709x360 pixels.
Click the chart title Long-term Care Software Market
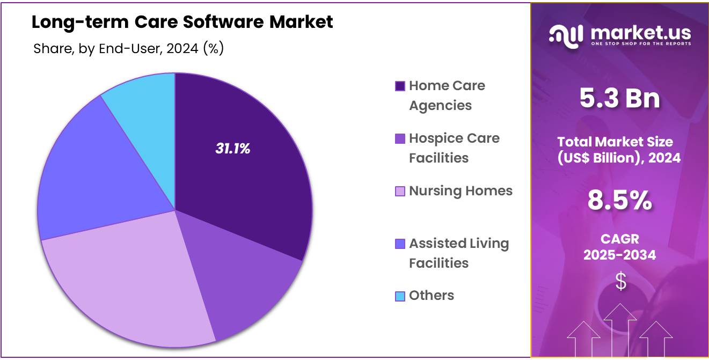[x=182, y=23]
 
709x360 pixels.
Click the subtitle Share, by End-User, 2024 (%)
[x=128, y=49]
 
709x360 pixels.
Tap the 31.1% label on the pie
[x=233, y=149]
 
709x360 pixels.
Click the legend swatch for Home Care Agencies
[x=400, y=86]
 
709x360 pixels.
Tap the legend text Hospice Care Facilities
[x=454, y=148]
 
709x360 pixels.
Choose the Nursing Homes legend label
[x=461, y=191]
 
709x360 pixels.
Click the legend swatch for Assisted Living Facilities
[x=400, y=244]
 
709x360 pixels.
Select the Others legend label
[x=432, y=296]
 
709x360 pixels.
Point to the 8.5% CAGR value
[x=620, y=201]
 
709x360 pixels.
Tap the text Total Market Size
[x=615, y=142]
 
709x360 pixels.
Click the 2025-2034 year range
[x=620, y=255]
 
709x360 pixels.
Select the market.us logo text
[x=640, y=34]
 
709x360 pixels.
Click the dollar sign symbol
[x=620, y=281]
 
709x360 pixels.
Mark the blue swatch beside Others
[x=400, y=296]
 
